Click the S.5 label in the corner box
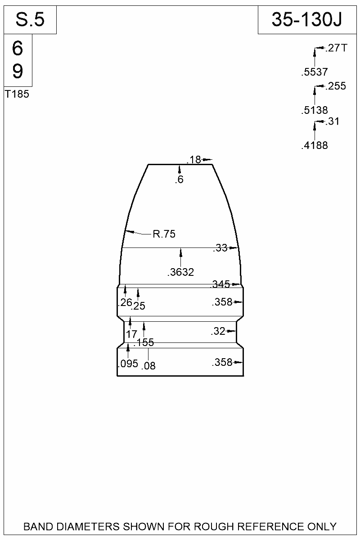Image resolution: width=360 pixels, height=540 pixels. point(30,20)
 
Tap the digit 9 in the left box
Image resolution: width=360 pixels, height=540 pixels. point(18,71)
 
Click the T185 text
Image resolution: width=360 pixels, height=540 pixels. point(17,95)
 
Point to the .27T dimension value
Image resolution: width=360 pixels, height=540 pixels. point(336,49)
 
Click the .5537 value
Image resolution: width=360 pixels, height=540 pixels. point(315,72)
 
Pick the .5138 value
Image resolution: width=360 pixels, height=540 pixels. point(315,110)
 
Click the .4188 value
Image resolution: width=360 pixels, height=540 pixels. point(315,145)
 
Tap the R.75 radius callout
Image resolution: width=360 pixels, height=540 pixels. point(164,234)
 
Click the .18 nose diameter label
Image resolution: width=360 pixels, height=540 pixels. point(194,160)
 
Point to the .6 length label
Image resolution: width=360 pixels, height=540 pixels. point(180,180)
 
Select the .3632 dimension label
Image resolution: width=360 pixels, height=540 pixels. point(180,272)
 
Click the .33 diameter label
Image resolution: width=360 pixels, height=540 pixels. point(220,248)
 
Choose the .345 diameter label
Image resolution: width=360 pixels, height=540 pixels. point(220,284)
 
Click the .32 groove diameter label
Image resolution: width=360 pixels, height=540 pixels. point(218,332)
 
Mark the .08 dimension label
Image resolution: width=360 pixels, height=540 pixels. point(148,366)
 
